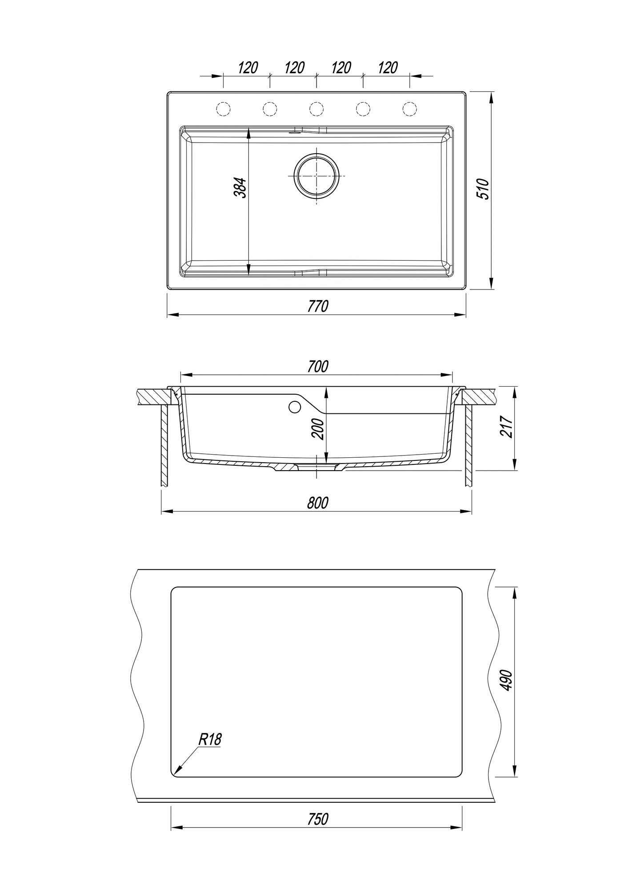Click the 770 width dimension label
[x=318, y=306]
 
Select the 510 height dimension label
[x=483, y=189]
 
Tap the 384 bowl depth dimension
[x=240, y=188]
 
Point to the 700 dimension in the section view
[x=318, y=366]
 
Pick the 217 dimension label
[x=507, y=427]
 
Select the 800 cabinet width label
[x=318, y=503]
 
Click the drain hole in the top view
[x=316, y=175]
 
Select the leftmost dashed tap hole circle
[x=223, y=108]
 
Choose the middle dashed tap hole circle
[x=316, y=108]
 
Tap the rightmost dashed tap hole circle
[x=409, y=108]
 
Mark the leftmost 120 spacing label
[x=248, y=68]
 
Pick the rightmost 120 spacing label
[x=387, y=68]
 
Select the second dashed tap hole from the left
[x=270, y=108]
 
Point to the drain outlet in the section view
[x=316, y=467]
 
